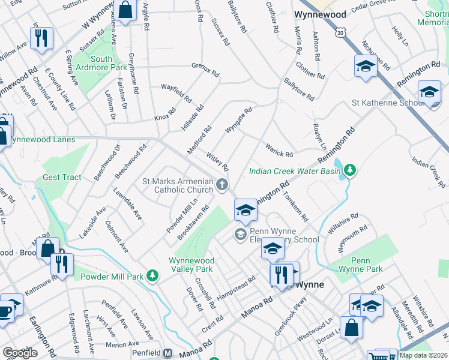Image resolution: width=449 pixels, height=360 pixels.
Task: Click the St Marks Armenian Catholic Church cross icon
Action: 223,184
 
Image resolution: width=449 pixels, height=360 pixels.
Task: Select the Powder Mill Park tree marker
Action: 153,276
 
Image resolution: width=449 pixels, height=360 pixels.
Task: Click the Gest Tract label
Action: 62,177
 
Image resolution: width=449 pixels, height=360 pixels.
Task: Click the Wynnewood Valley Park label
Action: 191,265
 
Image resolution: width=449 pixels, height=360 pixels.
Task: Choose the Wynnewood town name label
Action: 319,14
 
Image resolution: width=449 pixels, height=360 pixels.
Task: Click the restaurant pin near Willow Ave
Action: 41,38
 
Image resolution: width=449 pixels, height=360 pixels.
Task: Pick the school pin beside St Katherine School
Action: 429,92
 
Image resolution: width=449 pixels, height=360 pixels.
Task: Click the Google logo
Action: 20,352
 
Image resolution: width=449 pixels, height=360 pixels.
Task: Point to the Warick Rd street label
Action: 279,150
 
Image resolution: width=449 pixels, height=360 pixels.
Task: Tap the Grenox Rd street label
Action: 205,69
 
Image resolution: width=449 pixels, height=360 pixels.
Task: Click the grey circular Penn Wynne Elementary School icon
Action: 241,234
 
